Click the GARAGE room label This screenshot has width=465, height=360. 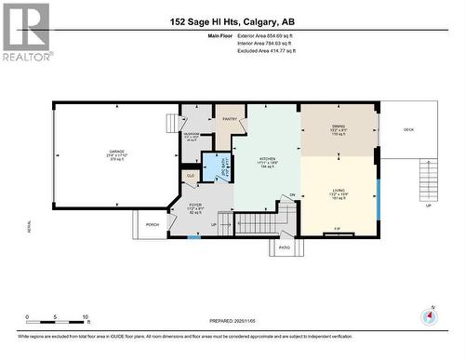[116, 155]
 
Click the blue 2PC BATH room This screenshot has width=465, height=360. [216, 165]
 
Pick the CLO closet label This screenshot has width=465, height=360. [191, 175]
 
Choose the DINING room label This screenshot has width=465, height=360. [339, 129]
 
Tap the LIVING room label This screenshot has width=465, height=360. [339, 192]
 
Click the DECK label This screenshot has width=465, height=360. [408, 129]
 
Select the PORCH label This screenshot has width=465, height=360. [152, 223]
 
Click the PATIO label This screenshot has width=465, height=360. [285, 247]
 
